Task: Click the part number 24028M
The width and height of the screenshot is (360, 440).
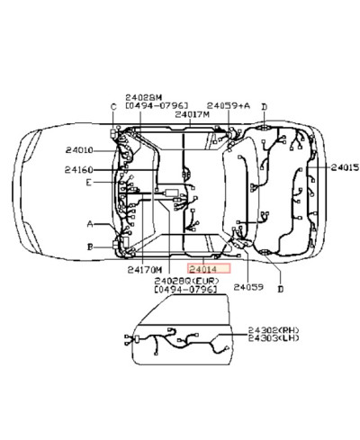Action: pyautogui.click(x=143, y=95)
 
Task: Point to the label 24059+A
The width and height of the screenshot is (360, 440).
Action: pyautogui.click(x=228, y=105)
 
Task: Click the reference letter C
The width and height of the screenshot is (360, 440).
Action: pyautogui.click(x=113, y=107)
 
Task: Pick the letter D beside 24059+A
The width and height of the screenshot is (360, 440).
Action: pyautogui.click(x=264, y=107)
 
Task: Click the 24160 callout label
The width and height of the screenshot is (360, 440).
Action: pyautogui.click(x=79, y=169)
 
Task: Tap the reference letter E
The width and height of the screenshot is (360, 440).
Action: pyautogui.click(x=88, y=183)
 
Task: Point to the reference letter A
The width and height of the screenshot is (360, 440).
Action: pyautogui.click(x=89, y=223)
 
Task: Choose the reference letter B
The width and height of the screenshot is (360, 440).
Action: pyautogui.click(x=89, y=245)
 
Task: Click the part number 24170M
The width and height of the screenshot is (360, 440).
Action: pyautogui.click(x=144, y=269)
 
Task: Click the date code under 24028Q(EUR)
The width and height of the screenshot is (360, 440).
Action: pyautogui.click(x=185, y=291)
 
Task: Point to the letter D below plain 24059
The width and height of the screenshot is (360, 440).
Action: pyautogui.click(x=280, y=289)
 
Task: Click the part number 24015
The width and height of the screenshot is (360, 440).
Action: pyautogui.click(x=344, y=167)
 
